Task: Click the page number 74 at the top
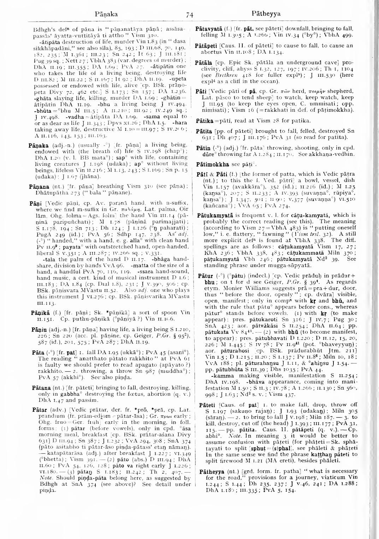pyautogui.click(x=190, y=15)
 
